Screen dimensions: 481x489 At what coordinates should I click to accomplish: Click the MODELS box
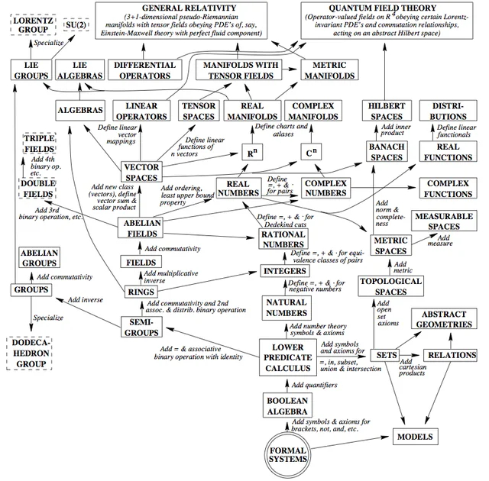pos(415,437)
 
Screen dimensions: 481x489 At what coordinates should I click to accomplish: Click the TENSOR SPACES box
pos(198,111)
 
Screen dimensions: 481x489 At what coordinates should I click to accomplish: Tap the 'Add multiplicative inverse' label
pos(180,277)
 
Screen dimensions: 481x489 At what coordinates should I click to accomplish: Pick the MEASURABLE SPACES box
pos(444,221)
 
